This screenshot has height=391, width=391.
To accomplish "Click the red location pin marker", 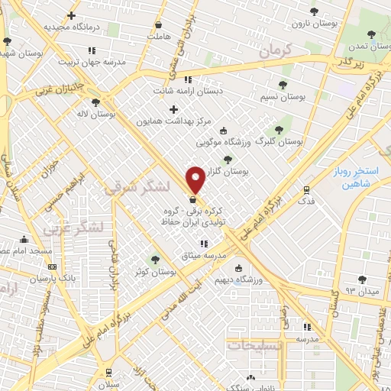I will click(x=195, y=179).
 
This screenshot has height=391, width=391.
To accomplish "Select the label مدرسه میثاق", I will click(x=203, y=255).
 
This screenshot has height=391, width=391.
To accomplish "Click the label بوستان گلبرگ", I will click(x=279, y=141).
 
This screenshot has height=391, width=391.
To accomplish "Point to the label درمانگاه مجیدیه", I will click(x=72, y=27).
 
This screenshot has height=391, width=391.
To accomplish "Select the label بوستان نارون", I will click(x=314, y=24).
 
